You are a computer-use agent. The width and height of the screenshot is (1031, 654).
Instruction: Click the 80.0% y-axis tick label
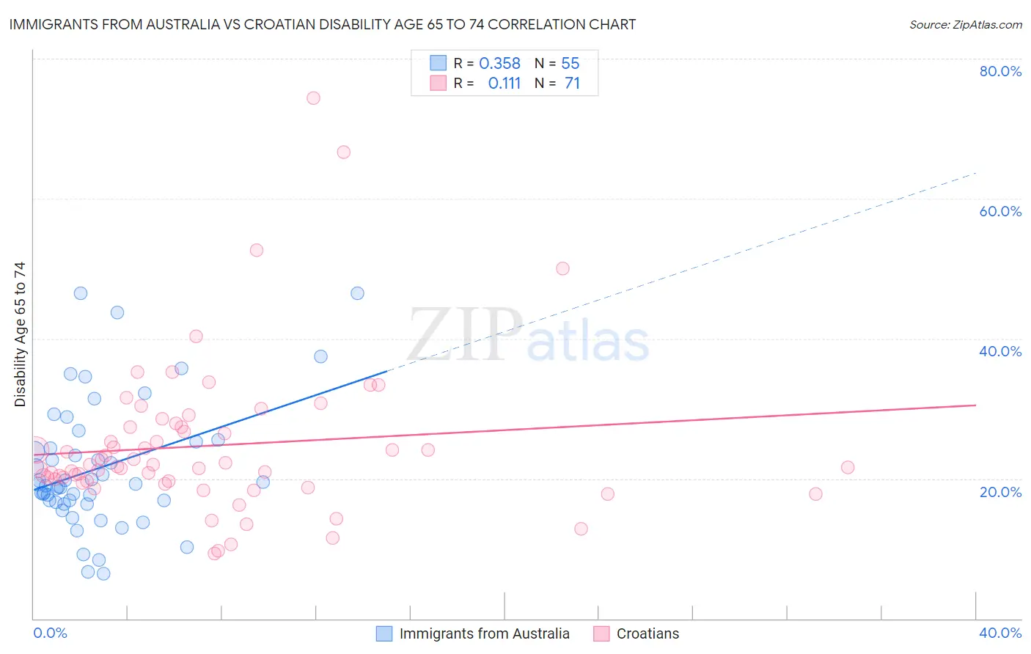[1000, 71]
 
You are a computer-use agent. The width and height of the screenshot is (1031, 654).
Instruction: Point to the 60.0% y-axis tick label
[1000, 211]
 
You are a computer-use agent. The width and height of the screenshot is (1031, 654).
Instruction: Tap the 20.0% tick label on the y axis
[1000, 492]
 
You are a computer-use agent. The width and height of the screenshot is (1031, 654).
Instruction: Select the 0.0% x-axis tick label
[50, 633]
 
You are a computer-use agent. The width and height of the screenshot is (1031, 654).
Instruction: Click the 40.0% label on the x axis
[1000, 633]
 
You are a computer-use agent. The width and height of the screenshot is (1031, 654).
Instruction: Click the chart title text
[323, 24]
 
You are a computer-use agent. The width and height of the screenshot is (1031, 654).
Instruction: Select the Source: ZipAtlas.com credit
[965, 24]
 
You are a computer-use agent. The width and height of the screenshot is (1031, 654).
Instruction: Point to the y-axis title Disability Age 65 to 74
[20, 334]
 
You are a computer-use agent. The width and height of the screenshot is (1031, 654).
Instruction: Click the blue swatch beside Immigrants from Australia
[384, 633]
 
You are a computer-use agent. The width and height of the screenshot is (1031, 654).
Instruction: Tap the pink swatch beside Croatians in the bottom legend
[601, 633]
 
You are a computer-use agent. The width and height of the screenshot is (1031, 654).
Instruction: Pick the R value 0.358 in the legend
[499, 64]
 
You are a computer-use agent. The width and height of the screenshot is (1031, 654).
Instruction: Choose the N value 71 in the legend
[572, 84]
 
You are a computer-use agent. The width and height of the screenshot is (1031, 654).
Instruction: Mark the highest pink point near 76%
[313, 98]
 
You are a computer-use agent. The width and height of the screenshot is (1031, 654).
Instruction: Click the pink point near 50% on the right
[562, 268]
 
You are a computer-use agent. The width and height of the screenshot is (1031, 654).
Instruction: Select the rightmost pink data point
[848, 467]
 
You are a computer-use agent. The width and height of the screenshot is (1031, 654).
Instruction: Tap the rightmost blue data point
[357, 293]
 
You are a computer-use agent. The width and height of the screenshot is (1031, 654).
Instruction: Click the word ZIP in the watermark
[464, 334]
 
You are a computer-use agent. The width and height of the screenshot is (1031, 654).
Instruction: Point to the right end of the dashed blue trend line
[975, 173]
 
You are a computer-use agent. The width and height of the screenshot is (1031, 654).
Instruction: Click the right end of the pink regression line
[975, 405]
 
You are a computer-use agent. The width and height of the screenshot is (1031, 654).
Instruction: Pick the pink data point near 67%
[343, 153]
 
